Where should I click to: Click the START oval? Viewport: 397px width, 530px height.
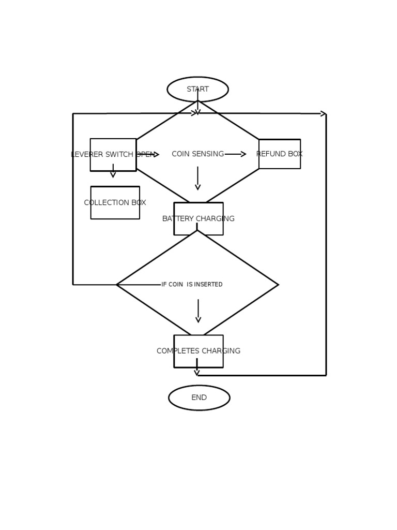pos(197,89)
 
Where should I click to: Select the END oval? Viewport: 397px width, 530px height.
pos(199,397)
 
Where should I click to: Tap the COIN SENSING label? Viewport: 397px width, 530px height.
pos(197,154)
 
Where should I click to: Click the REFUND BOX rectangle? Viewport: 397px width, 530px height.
pos(280,154)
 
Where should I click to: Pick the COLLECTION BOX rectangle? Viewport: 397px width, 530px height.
pos(115,203)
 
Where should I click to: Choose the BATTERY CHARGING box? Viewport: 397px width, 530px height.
pos(198,219)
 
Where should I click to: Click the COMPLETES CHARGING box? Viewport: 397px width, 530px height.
pos(198,351)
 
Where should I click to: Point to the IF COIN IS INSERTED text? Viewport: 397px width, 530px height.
pos(192,285)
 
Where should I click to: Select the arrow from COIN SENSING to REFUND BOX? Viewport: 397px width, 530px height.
pos(235,154)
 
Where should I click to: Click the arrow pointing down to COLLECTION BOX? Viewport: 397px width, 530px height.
pos(113,171)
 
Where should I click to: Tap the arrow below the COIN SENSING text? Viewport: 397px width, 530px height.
pos(197,179)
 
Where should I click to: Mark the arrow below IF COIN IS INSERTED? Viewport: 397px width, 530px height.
pos(198,311)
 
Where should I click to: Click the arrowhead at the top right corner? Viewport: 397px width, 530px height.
pos(324,114)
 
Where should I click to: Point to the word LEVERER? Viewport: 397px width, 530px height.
pos(87,155)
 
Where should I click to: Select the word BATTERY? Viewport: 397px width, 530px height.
pos(177,219)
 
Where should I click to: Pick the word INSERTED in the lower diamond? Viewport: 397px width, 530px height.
pos(208,285)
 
